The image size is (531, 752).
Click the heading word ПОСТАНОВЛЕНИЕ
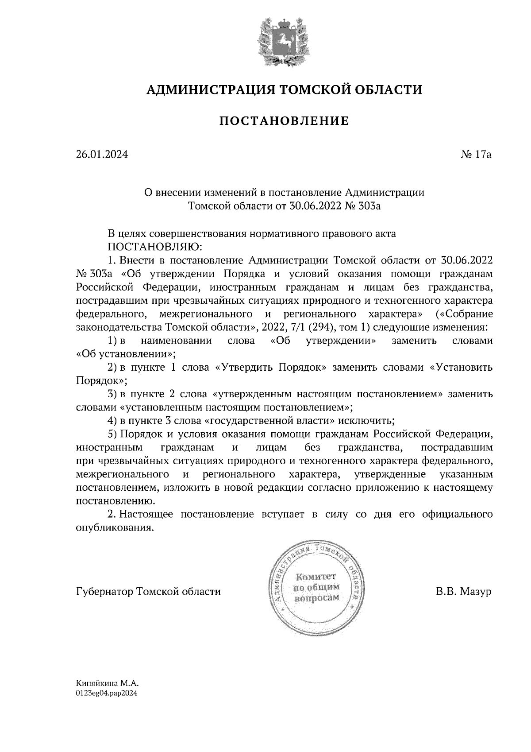[284, 121]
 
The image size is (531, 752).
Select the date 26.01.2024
[102, 155]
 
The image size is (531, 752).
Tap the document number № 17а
[476, 155]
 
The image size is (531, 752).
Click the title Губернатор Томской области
[148, 592]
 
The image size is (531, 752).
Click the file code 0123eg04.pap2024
[107, 694]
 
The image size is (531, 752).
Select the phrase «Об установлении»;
[126, 354]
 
